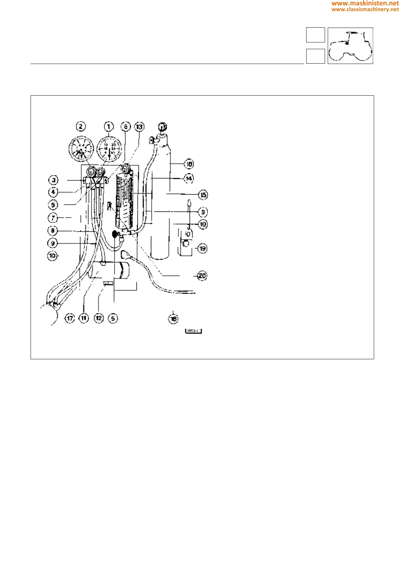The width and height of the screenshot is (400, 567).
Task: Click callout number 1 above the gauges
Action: (109, 127)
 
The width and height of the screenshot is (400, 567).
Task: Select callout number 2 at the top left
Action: (81, 127)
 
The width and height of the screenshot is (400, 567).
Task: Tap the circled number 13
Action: (139, 127)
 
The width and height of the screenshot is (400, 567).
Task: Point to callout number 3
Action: (53, 180)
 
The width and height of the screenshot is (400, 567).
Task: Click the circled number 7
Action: (53, 218)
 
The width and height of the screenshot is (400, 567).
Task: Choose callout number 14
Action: (189, 178)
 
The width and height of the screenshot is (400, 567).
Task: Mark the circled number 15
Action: (203, 195)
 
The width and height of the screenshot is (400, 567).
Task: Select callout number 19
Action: (202, 248)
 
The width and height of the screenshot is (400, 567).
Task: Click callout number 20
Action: (202, 276)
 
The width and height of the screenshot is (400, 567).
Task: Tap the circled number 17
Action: (70, 318)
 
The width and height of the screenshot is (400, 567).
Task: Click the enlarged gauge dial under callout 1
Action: (109, 149)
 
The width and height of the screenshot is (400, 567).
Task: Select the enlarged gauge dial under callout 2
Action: (81, 149)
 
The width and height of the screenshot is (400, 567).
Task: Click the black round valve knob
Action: (115, 233)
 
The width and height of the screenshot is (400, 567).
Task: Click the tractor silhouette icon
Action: (350, 46)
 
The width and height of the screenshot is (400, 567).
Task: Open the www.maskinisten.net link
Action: (365, 3)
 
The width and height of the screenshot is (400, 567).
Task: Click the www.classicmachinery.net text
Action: (365, 9)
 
